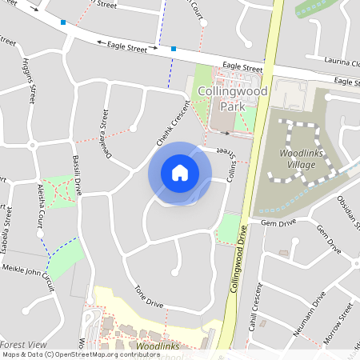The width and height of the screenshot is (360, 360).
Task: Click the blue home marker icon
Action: [x=180, y=173]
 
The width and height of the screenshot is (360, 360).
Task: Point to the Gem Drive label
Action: [x=279, y=222]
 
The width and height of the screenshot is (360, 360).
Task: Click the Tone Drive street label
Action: [x=149, y=297]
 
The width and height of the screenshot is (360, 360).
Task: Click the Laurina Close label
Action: [x=342, y=60]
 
